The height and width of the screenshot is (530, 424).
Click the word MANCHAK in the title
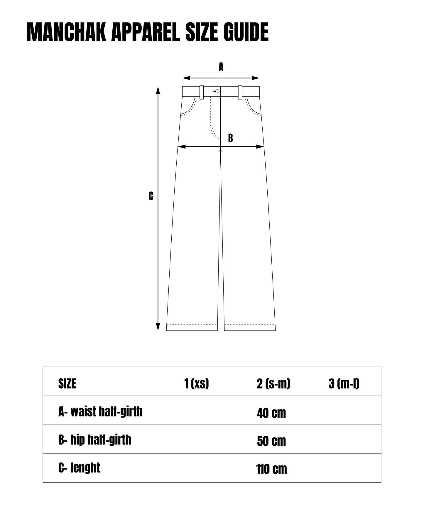66,32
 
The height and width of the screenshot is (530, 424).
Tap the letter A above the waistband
221,67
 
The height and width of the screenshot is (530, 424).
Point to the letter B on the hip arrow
231,138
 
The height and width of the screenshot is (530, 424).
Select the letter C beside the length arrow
151,196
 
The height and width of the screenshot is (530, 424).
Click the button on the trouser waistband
217,92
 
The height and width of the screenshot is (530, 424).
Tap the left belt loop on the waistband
202,92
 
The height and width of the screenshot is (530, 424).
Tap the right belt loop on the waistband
240,92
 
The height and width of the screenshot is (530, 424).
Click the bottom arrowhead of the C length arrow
158,327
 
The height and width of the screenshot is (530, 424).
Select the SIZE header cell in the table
67,384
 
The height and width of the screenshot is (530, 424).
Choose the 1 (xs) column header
197,384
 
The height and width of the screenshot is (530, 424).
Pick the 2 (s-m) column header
273,384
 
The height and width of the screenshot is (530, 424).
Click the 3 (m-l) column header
344,384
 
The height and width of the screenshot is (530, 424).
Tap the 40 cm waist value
271,413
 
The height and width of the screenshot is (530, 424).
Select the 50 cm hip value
271,441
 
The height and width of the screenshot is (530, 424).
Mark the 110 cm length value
271,469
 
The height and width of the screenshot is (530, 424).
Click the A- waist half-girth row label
100,412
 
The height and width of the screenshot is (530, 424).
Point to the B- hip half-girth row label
95,440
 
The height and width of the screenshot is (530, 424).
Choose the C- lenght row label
79,468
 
